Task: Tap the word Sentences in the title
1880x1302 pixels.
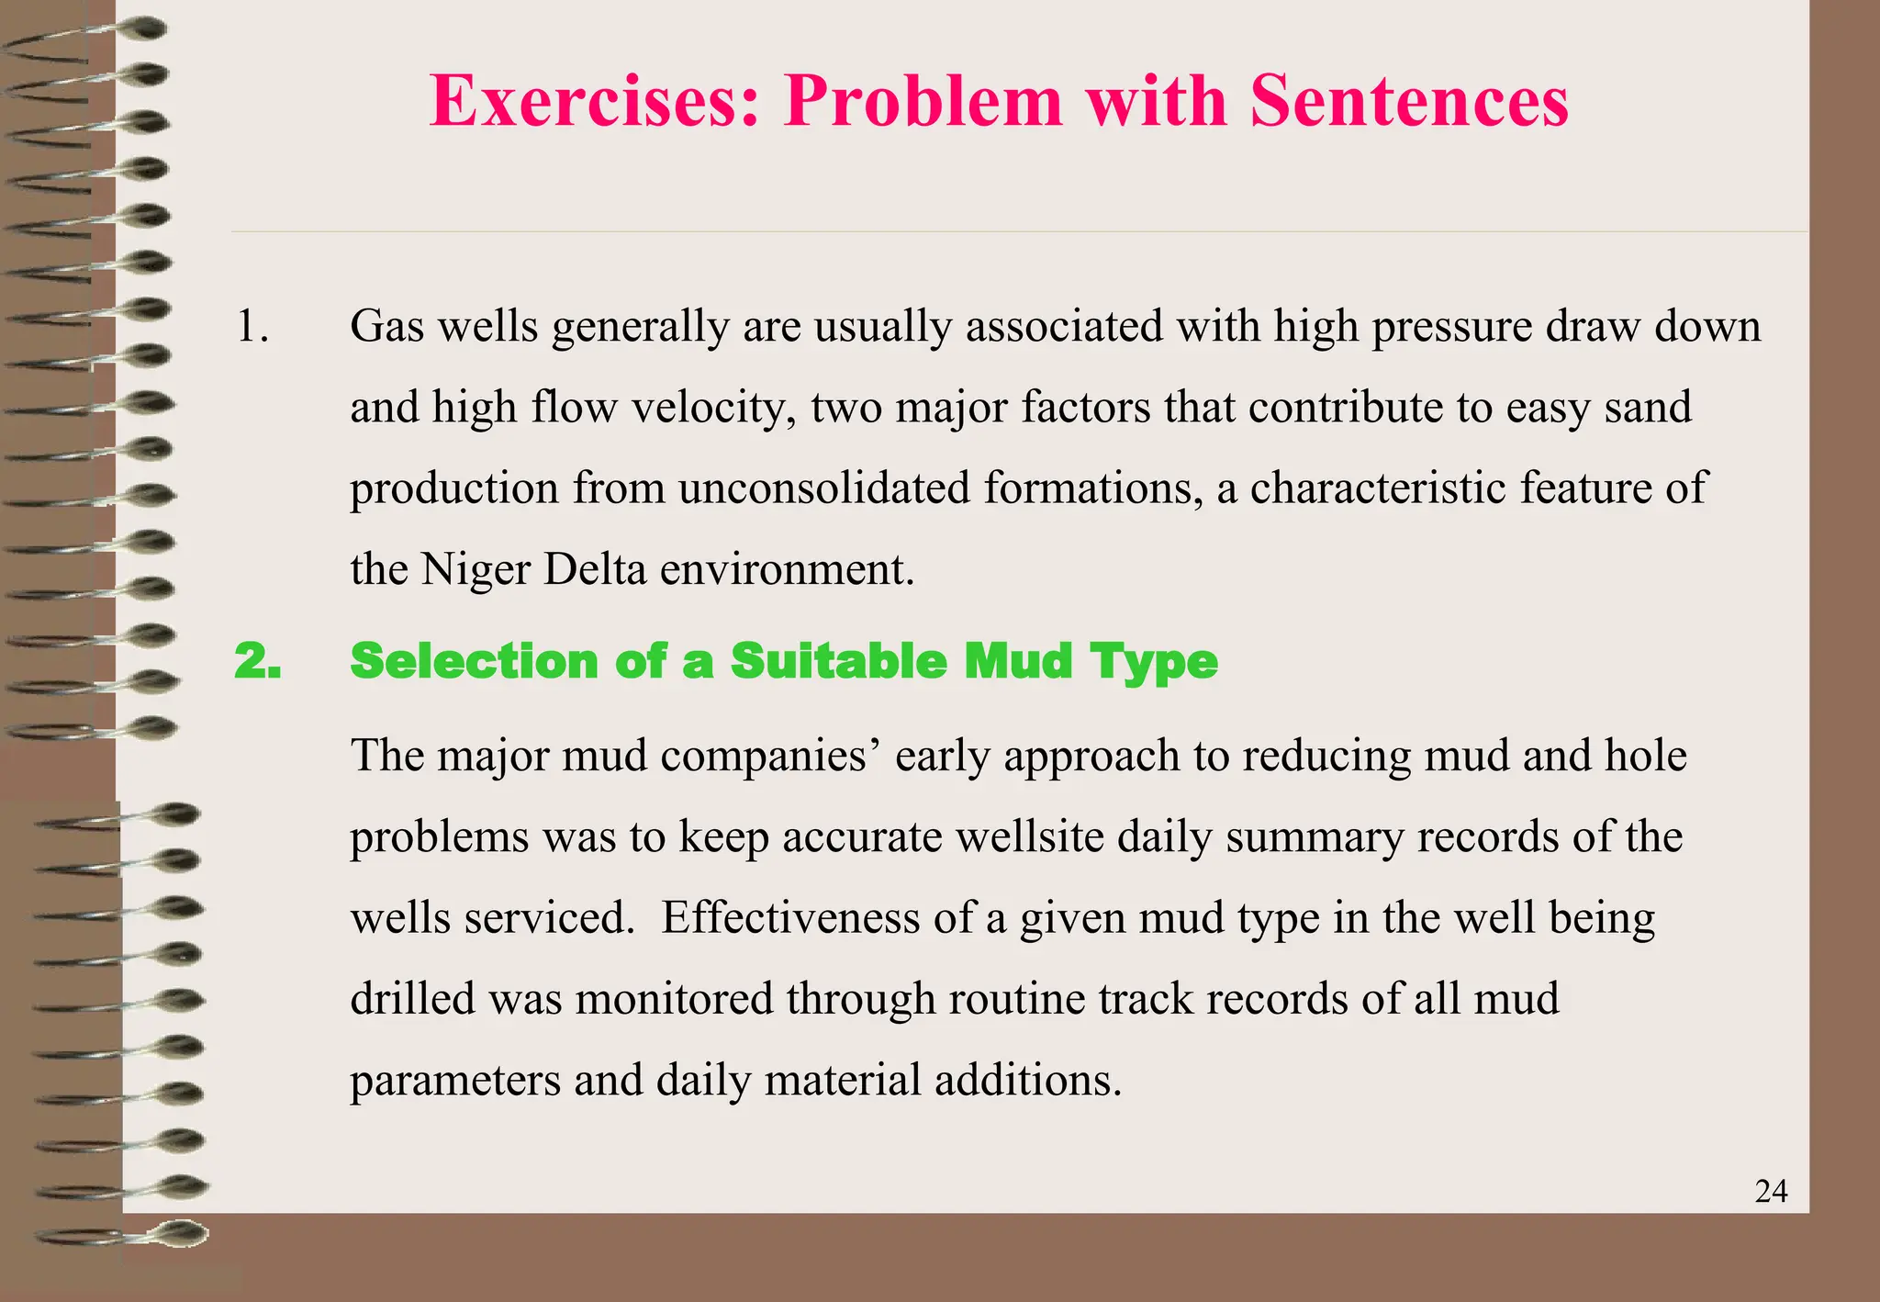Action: coord(1409,100)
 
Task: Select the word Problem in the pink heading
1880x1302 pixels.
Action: coord(923,100)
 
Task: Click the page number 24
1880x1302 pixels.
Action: coord(1771,1191)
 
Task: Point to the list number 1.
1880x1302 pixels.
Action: coord(252,326)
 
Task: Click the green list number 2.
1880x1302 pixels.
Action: coord(257,661)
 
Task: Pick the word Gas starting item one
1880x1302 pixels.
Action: coord(386,326)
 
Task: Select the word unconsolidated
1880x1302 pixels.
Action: coord(823,488)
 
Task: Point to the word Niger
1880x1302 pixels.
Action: coord(475,569)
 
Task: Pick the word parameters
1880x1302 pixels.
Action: coord(455,1081)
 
